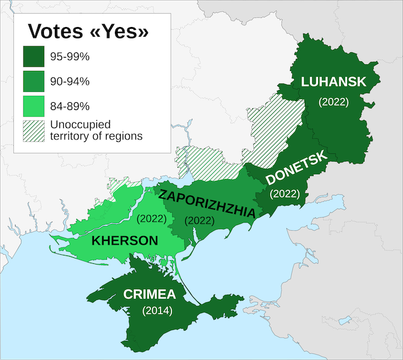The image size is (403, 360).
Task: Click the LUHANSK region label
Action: click(x=333, y=82)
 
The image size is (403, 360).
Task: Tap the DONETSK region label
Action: click(x=296, y=168)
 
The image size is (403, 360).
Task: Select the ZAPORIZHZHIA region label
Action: click(x=205, y=203)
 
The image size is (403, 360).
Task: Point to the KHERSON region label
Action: click(x=125, y=241)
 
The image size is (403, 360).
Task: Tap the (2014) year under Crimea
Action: click(x=157, y=311)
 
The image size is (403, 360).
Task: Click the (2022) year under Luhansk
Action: click(x=333, y=102)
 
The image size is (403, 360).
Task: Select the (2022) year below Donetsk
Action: click(x=285, y=194)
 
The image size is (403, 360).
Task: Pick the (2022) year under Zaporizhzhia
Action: click(x=200, y=220)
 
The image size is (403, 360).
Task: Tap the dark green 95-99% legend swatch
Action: click(x=34, y=56)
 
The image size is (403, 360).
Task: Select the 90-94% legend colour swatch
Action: click(x=34, y=82)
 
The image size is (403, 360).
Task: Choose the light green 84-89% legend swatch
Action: click(x=34, y=106)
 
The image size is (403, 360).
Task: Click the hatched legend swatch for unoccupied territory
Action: click(x=34, y=130)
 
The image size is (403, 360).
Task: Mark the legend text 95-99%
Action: click(x=70, y=56)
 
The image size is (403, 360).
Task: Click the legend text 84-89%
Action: click(x=70, y=106)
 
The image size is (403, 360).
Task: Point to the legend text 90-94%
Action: click(x=70, y=81)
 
